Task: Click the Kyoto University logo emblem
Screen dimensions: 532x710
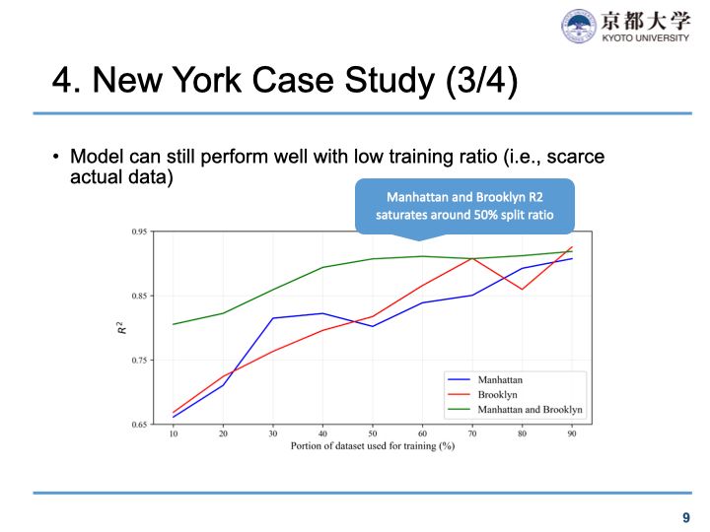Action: (579, 27)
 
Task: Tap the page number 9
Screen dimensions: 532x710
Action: (686, 516)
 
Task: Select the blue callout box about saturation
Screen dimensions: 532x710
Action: (464, 206)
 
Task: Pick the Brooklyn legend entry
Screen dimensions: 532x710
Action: (497, 394)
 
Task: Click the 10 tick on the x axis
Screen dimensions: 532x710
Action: (174, 433)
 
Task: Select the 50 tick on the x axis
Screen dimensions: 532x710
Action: (373, 433)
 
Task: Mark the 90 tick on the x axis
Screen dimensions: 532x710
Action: (572, 433)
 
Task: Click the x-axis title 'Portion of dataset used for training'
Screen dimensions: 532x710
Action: (373, 446)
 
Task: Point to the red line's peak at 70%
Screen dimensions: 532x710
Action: (472, 258)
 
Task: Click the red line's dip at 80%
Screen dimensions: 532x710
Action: (523, 289)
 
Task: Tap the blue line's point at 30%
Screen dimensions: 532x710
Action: (273, 318)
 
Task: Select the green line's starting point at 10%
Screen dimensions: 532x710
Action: (174, 324)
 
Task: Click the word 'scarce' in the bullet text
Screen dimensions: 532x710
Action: (576, 158)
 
